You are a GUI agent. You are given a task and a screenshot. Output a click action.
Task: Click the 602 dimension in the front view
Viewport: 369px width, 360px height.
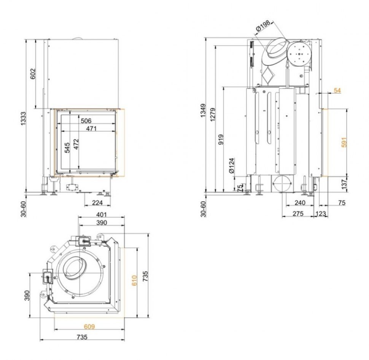(33, 74)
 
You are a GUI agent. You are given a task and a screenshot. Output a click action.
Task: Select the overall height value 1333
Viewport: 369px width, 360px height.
(24, 118)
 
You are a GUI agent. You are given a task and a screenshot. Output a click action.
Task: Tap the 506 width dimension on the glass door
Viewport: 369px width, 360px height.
(86, 121)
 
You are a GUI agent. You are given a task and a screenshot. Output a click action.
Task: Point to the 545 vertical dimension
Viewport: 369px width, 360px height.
(67, 148)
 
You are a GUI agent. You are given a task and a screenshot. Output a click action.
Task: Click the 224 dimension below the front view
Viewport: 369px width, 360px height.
(97, 202)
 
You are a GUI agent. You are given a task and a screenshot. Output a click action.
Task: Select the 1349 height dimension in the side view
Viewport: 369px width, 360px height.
(203, 110)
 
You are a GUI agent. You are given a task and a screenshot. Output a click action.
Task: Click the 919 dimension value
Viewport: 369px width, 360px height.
(221, 139)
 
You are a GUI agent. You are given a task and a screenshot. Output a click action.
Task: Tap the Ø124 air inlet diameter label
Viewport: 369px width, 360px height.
(232, 166)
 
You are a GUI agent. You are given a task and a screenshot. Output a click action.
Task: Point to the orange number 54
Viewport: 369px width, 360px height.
(337, 91)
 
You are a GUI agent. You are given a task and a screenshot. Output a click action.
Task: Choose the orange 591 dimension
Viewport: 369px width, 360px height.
(344, 142)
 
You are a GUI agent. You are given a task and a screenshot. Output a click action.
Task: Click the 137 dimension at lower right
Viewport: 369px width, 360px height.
(344, 184)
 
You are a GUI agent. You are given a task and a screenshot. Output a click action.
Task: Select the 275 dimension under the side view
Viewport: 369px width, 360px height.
(298, 213)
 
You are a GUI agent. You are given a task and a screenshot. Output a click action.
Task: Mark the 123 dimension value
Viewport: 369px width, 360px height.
(321, 213)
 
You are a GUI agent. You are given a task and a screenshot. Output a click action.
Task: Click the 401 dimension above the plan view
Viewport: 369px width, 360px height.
(102, 215)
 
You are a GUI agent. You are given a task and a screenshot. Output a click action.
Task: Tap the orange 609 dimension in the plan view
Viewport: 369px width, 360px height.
(89, 327)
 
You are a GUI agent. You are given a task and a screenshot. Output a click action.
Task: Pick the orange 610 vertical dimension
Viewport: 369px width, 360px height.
(134, 280)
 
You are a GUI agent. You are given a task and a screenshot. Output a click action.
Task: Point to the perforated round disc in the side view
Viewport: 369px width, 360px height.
(299, 54)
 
